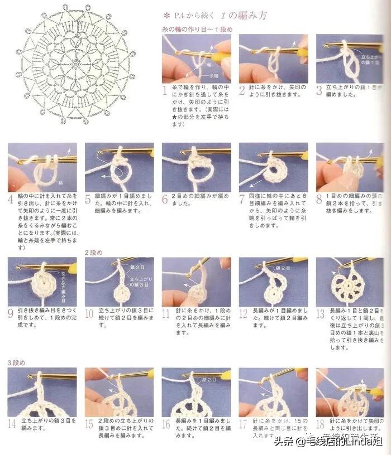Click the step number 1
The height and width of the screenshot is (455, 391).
pyautogui.click(x=165, y=89)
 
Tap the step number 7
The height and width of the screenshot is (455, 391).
pyautogui.click(x=243, y=199)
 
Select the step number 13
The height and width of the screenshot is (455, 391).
pyautogui.click(x=321, y=313)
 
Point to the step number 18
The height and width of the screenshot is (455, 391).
pyautogui.click(x=321, y=424)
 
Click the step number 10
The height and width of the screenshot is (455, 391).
pyautogui.click(x=89, y=313)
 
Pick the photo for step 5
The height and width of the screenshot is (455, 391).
pyautogui.click(x=119, y=167)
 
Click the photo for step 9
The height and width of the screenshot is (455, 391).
pyautogui.click(x=42, y=282)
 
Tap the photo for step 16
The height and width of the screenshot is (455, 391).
pyautogui.click(x=196, y=392)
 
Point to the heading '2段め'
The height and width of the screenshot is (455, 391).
pyautogui.click(x=93, y=252)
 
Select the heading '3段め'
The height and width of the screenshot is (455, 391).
pyautogui.click(x=16, y=362)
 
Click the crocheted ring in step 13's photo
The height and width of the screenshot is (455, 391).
pyautogui.click(x=347, y=285)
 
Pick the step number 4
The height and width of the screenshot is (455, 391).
pyautogui.click(x=11, y=199)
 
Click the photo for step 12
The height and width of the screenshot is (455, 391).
pyautogui.click(x=273, y=282)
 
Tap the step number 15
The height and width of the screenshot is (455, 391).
pyautogui.click(x=89, y=424)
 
